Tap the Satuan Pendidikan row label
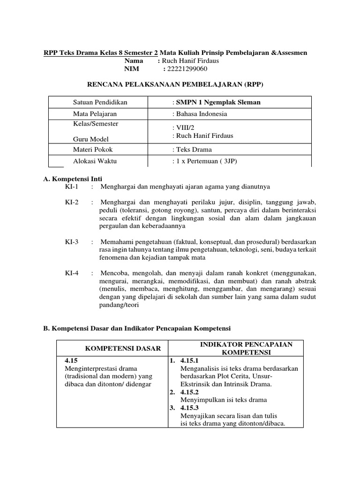click(100, 102)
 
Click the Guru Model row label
click(90, 139)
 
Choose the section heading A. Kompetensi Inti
click(73, 179)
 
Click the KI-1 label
click(72, 187)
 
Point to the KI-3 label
click(72, 242)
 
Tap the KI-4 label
click(72, 273)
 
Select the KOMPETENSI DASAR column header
click(122, 348)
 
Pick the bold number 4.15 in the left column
click(70, 361)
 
